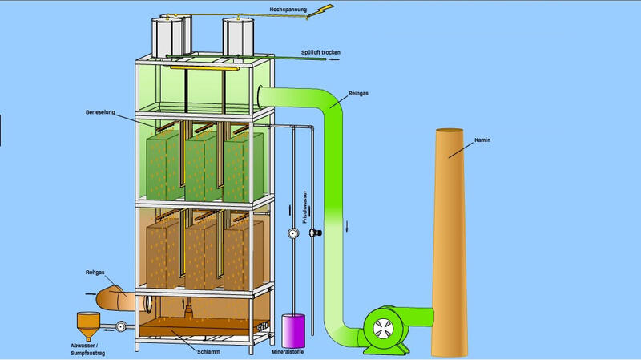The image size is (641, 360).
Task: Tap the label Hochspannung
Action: pyautogui.click(x=287, y=10)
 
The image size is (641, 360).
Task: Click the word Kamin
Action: pyautogui.click(x=481, y=140)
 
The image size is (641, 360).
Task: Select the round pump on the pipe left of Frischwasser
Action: pyautogui.click(x=292, y=234)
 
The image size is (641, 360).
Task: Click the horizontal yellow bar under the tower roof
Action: pyautogui.click(x=204, y=68)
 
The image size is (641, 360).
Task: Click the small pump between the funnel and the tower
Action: pyautogui.click(x=120, y=326)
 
